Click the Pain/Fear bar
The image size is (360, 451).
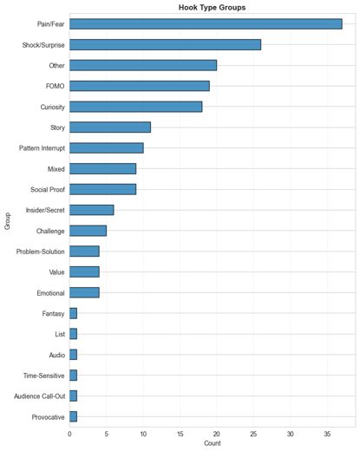coord(206,24)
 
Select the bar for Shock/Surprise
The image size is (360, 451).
coord(165,45)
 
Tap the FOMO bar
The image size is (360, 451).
coord(140,86)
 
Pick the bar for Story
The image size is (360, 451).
coord(110,127)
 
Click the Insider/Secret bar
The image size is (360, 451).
coord(92,210)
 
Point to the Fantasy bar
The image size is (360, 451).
coord(73,313)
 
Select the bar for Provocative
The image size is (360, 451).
coord(73,416)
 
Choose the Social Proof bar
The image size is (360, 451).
coord(102,189)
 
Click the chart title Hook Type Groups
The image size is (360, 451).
coord(212,8)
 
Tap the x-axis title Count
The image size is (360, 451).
coord(213,443)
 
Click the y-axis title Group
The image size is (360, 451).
coord(7,221)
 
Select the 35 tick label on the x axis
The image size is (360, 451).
coord(327,434)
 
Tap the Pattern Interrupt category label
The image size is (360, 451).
coord(42,148)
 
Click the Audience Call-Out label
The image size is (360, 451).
coord(40,396)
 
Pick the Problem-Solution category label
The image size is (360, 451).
coord(40,252)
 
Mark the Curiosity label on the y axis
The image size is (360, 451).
coord(52,108)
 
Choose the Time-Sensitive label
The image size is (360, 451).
coord(43,376)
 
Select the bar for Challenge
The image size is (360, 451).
coord(88,231)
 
